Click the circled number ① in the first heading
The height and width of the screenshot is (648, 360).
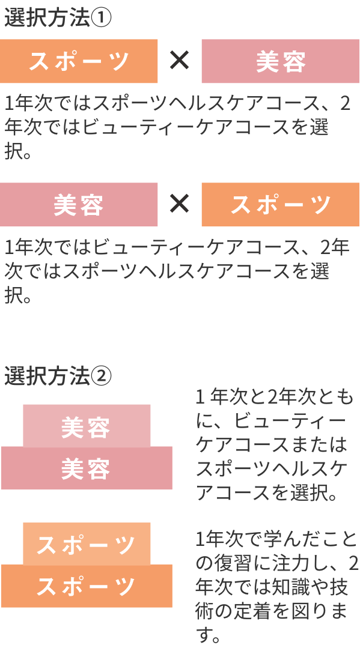coord(101,19)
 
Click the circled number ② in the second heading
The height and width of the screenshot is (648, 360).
coord(101,376)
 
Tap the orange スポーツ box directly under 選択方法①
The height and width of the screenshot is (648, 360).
coord(79,61)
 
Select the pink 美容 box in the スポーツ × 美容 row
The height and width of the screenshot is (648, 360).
coord(281,61)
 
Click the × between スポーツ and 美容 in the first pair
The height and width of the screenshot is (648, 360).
coord(180,61)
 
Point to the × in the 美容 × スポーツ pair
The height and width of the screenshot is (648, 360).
coord(180,204)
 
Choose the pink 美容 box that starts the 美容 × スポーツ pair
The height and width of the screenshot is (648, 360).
coord(79,205)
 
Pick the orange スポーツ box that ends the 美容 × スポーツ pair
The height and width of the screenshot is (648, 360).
coord(281,205)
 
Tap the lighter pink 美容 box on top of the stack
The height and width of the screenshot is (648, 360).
coord(87,426)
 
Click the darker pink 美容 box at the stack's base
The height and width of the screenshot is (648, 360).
coord(87,468)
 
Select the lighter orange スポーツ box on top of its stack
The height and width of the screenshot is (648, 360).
coord(87,544)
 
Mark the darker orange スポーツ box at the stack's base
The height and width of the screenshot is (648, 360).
coord(87,586)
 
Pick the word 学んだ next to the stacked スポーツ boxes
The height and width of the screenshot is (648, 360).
coord(285,539)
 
